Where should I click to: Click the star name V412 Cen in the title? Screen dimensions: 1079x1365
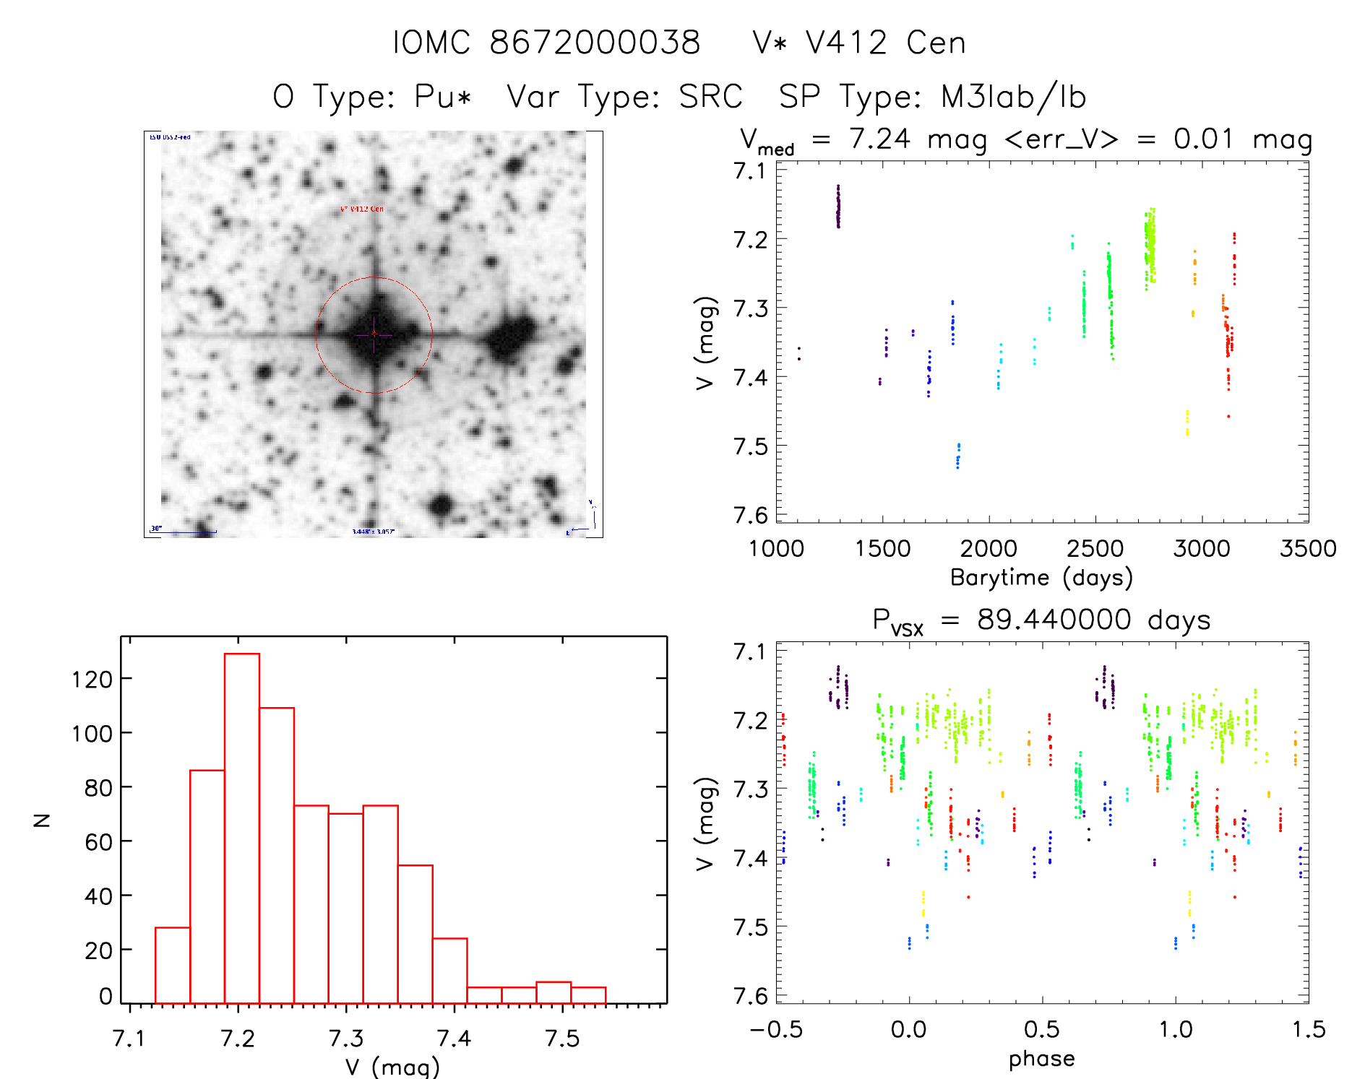click(885, 43)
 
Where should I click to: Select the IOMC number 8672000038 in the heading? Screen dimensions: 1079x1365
click(595, 43)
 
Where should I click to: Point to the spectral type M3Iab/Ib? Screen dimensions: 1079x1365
click(1013, 97)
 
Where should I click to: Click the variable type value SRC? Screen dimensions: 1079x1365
click(710, 97)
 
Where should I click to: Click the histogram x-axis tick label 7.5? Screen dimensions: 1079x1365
click(562, 1038)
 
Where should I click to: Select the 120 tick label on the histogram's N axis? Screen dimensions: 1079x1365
click(92, 679)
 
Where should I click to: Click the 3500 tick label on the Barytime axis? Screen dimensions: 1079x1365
click(1307, 549)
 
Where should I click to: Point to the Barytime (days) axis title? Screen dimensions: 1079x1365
click(1041, 578)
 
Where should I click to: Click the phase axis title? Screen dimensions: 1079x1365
click(1041, 1059)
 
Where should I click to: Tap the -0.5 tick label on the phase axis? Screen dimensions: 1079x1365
click(776, 1030)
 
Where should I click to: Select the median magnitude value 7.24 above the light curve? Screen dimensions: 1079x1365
click(879, 139)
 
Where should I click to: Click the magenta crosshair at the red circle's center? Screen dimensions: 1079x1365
click(374, 334)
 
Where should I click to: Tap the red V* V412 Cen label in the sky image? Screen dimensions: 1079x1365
click(362, 209)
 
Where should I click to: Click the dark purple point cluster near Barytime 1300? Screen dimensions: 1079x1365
click(838, 207)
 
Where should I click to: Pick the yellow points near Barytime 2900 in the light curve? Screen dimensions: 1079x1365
click(1187, 422)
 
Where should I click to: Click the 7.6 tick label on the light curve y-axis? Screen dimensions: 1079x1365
click(750, 515)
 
